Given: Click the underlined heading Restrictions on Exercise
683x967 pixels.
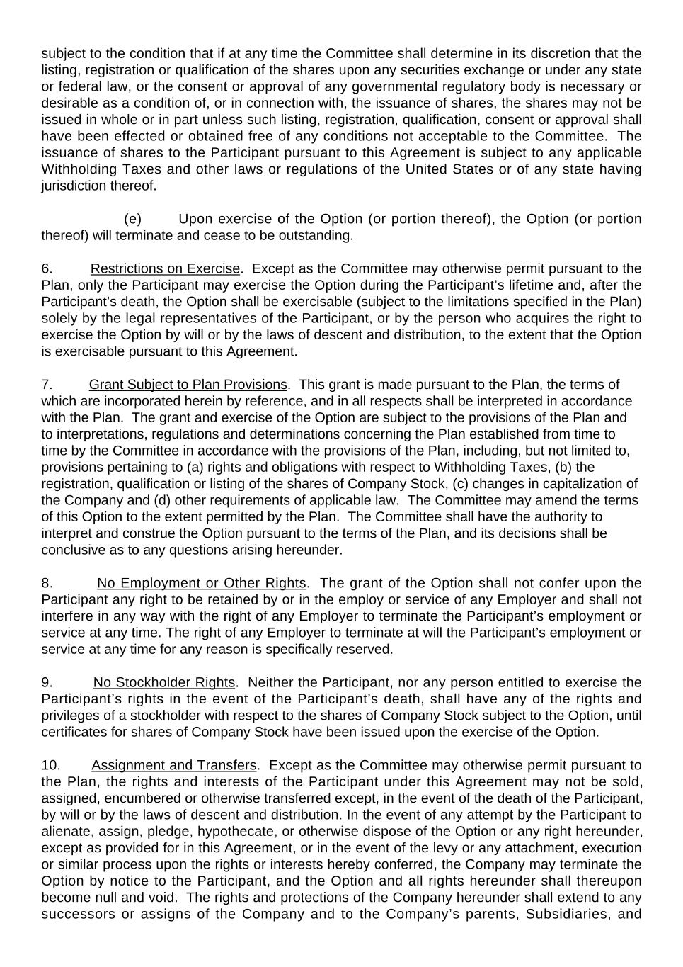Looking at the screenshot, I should click(x=165, y=269).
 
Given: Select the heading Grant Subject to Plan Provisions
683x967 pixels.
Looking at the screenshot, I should click(x=188, y=385).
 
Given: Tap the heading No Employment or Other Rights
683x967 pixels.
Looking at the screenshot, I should click(x=201, y=583).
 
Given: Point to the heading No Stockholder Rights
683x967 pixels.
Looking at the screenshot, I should click(x=163, y=682).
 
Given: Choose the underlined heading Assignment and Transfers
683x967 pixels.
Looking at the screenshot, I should click(x=173, y=765).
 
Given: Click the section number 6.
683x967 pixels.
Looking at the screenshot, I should click(x=47, y=269).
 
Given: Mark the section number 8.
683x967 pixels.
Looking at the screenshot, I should click(x=47, y=583).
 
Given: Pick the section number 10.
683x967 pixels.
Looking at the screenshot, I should click(x=51, y=765).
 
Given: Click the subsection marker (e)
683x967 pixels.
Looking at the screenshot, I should click(x=132, y=219).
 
